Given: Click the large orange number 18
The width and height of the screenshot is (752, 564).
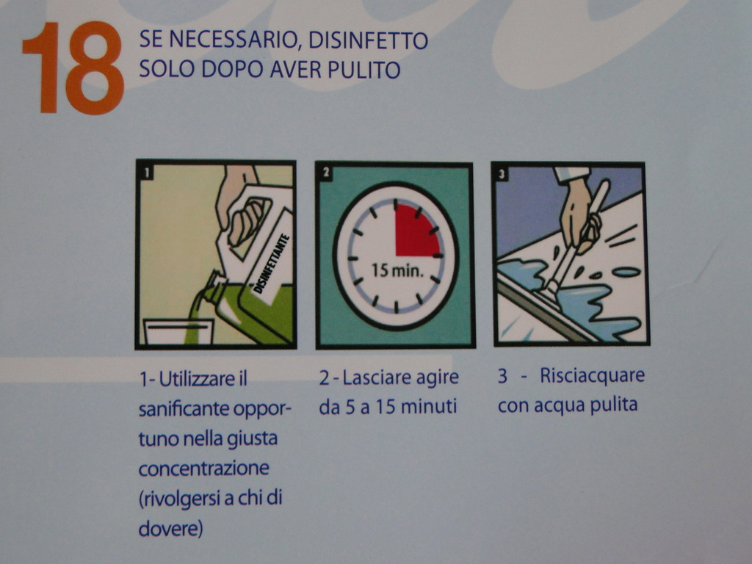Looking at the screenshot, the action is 73,68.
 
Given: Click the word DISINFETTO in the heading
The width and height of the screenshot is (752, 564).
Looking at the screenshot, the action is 368,40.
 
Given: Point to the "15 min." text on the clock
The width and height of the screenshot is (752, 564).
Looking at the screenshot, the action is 398,271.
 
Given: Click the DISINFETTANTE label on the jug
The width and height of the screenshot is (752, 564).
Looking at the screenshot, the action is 272,264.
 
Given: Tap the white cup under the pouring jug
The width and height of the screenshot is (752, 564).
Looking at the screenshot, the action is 178,332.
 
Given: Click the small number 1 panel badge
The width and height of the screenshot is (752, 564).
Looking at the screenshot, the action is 147,172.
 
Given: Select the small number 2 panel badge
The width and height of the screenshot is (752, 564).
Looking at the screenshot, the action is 326,172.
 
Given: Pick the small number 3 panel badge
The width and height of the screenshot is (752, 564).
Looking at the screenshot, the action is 502,173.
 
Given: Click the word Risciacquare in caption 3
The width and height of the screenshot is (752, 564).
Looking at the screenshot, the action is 593,375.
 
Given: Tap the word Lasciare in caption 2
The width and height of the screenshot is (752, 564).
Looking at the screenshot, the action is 377,377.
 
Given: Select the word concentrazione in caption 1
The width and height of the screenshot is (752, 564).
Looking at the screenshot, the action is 204,468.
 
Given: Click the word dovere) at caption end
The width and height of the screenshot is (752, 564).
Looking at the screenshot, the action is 170,529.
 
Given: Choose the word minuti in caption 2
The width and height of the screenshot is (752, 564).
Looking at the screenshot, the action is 429,407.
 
